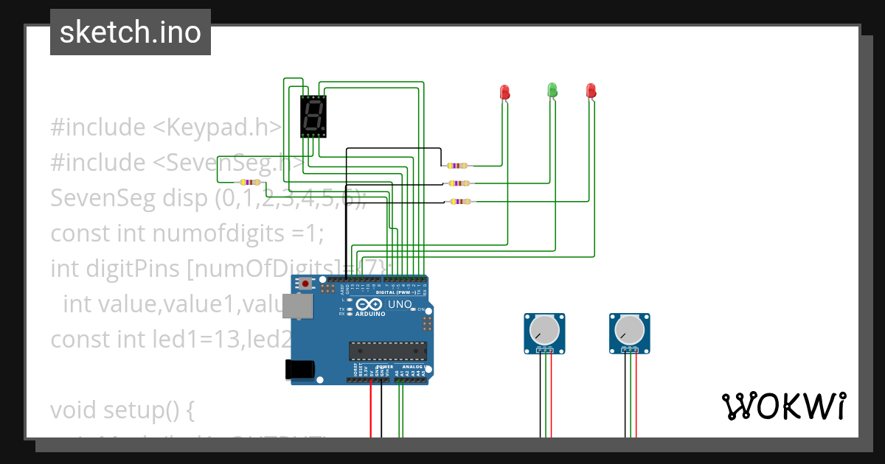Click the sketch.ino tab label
pos(130,32)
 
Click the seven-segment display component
pos(313,116)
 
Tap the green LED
pos(552,91)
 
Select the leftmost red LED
pos(505,92)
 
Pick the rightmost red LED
pos(591,91)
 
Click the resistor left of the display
pos(250,182)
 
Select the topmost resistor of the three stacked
pos(458,166)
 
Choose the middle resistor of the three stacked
pos(459,183)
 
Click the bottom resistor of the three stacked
pos(460,201)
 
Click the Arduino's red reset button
pos(305,283)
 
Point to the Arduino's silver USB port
pos(297,306)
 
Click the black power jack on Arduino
pos(300,368)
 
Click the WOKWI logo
pos(783,406)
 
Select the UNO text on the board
pos(400,303)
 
